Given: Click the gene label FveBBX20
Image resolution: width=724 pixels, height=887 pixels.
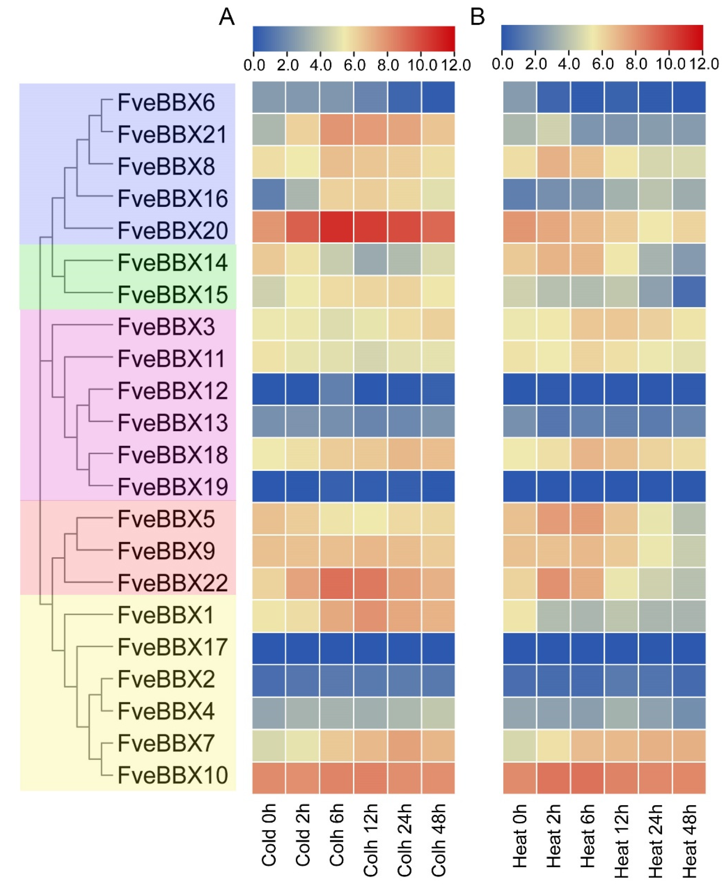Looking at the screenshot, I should (172, 231).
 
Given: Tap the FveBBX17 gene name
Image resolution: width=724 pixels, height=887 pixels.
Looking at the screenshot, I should (172, 647).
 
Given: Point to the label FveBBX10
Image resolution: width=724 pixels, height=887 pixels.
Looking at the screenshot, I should (172, 775).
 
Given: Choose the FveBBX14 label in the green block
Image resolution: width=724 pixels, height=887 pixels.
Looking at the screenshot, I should (172, 263).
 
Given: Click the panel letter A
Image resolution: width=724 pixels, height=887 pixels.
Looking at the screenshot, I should (226, 18).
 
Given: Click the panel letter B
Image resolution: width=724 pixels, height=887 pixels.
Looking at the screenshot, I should (477, 18).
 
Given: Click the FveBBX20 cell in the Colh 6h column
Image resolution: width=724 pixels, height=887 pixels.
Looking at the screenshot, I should (337, 227).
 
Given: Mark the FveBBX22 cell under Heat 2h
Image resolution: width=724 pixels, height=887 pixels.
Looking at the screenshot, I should (553, 583).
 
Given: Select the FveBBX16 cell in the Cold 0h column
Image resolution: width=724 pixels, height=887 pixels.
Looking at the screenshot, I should (269, 195).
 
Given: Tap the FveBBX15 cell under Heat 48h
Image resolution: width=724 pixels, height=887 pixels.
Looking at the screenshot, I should (689, 291).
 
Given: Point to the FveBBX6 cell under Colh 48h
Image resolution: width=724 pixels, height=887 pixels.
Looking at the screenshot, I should (438, 97).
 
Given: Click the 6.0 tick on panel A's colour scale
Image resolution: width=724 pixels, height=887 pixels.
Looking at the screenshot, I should (354, 65).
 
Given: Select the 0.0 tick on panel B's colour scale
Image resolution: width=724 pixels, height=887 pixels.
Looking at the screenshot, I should (502, 64).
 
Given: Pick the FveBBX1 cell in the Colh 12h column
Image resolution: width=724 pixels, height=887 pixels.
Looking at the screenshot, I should (371, 616).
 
